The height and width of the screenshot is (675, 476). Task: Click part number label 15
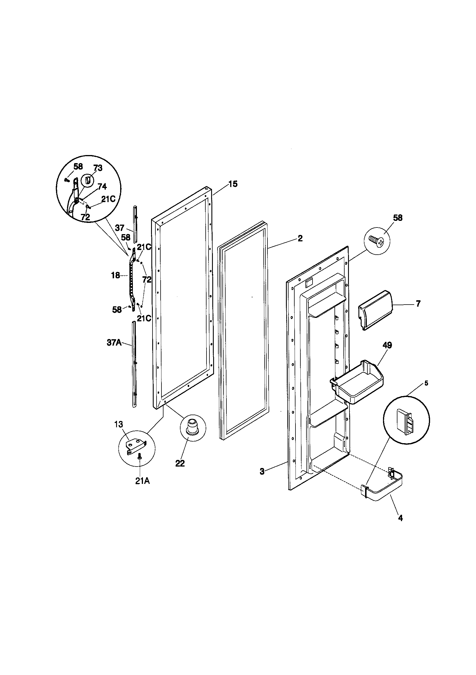tap(233, 184)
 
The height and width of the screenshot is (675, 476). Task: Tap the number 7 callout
tap(418, 303)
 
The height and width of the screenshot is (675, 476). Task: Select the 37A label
tap(114, 342)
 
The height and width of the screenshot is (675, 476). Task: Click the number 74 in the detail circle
tap(102, 187)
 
